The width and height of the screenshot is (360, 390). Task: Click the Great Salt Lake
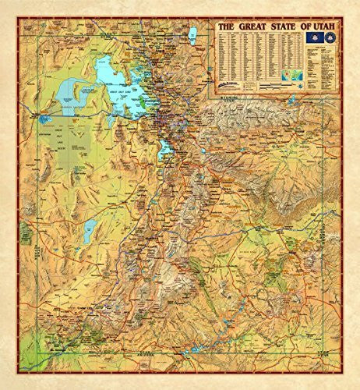pyautogui.click(x=117, y=82)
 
